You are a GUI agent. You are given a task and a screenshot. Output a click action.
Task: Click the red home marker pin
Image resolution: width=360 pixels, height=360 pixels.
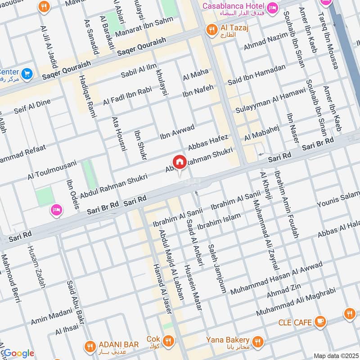coord(179,162)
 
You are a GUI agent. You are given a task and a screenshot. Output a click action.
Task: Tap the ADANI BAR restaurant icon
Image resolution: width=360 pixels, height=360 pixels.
coord(90,346)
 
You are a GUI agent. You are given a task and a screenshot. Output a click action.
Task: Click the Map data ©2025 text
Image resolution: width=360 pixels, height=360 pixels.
coord(335,356)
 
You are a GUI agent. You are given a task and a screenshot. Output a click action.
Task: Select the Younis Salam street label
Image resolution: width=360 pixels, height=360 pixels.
coord(338,200)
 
